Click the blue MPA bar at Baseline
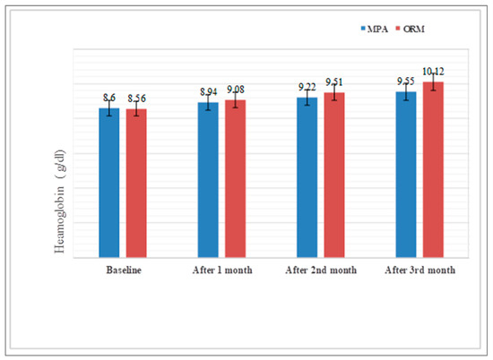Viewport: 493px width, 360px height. [x=108, y=183]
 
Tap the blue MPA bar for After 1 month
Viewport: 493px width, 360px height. [x=208, y=180]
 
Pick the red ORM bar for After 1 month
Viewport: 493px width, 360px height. [x=235, y=178]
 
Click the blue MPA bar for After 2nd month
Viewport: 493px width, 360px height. [x=307, y=177]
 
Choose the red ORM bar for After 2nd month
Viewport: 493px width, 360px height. [x=334, y=175]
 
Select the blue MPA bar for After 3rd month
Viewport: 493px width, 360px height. [x=407, y=174]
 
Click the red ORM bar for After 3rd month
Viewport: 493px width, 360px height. [x=434, y=169]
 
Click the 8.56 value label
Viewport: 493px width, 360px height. [x=136, y=95]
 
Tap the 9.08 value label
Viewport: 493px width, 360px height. [x=236, y=88]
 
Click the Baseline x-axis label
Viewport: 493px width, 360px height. [x=122, y=269]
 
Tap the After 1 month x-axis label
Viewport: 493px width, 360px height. [x=221, y=269]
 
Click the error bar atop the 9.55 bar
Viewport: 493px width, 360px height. [x=407, y=91]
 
